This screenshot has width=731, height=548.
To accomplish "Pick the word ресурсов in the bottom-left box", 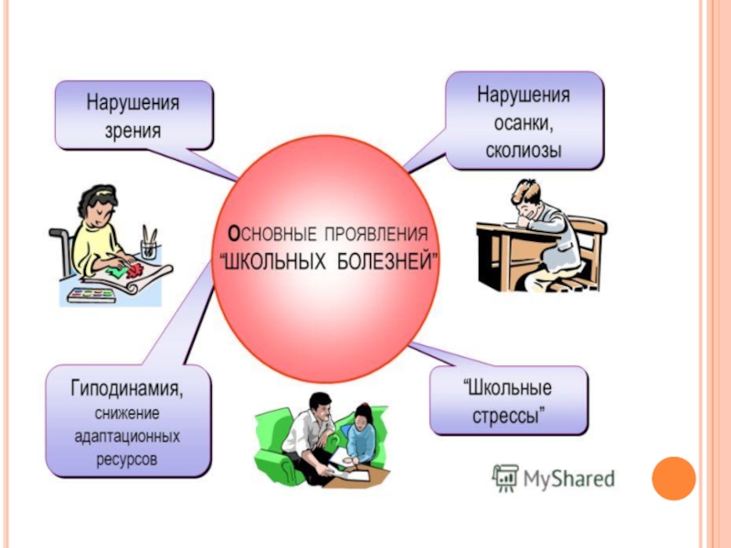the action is pos(127,458).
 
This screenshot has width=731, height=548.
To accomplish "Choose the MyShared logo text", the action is pos(567,478).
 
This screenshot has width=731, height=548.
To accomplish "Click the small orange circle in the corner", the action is pos(673,478).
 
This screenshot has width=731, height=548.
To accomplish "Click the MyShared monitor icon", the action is pos(504,478).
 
